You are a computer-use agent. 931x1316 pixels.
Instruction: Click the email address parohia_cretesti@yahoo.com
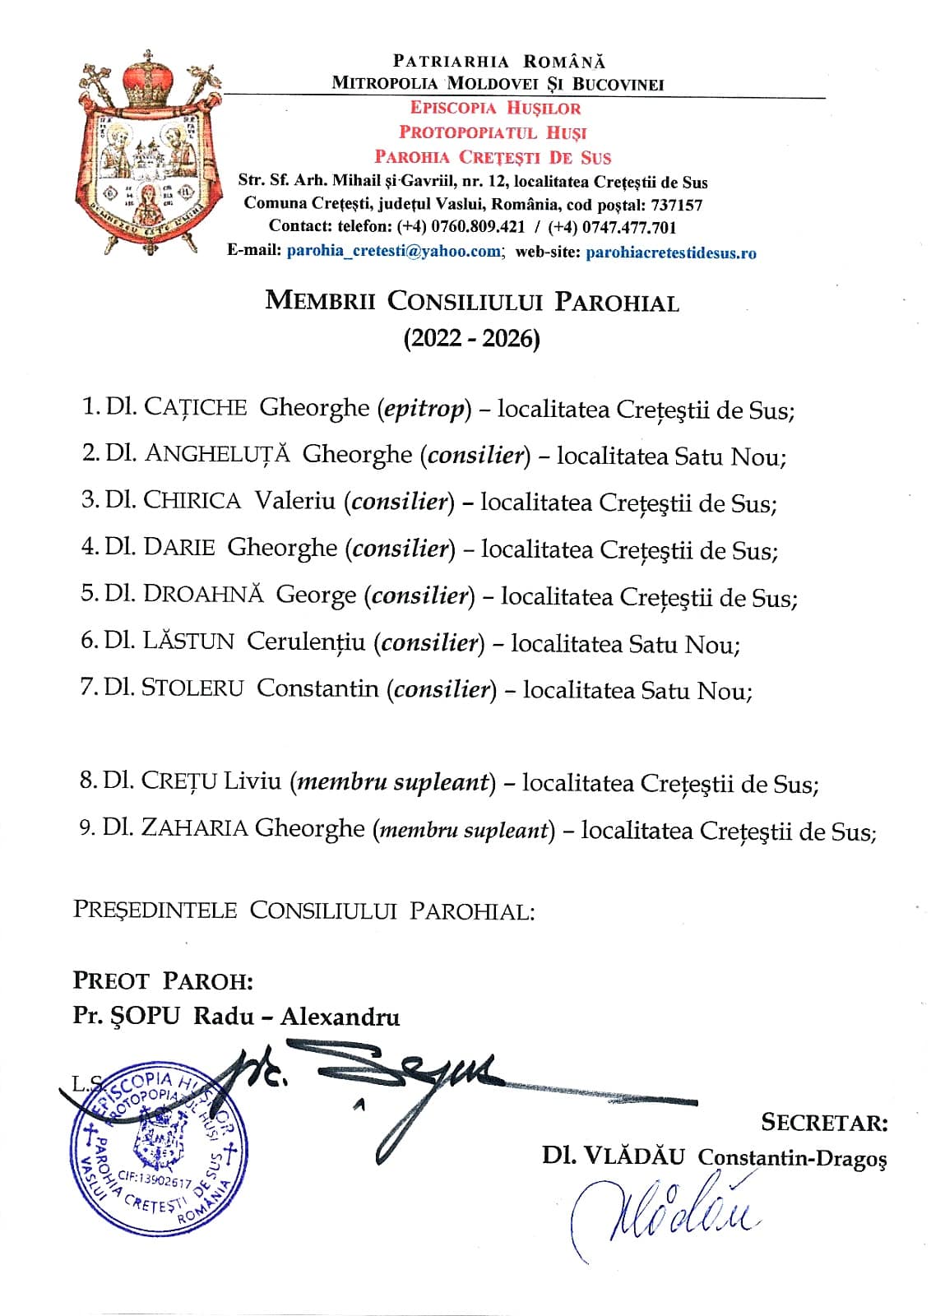[x=393, y=252]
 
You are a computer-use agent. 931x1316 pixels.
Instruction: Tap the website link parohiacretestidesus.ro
[x=670, y=253]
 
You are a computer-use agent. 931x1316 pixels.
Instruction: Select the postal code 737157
[x=676, y=205]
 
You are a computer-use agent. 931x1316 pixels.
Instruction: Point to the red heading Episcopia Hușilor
[x=495, y=108]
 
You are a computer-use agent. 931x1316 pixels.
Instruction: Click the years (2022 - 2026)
[x=471, y=338]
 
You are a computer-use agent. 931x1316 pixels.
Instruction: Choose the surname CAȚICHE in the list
[x=195, y=407]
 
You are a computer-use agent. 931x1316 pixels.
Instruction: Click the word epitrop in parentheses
[x=424, y=408]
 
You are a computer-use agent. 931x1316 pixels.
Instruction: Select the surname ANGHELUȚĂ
[x=218, y=454]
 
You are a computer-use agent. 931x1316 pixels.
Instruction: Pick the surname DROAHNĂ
[x=203, y=594]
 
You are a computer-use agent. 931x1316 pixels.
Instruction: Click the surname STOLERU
[x=192, y=688]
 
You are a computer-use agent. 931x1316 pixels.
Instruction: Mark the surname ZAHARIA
[x=194, y=827]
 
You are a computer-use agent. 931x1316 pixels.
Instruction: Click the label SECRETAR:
[x=823, y=1123]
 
